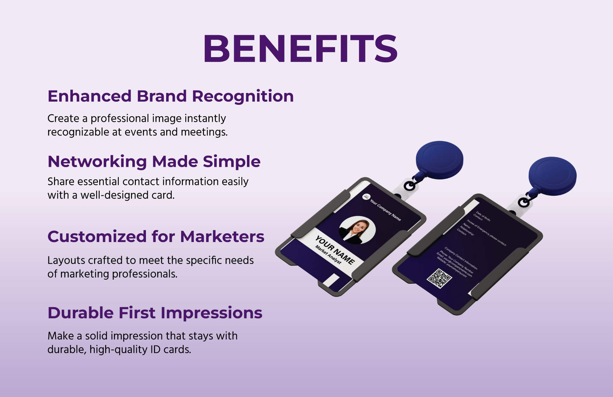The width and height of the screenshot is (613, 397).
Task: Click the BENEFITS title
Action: [300, 48]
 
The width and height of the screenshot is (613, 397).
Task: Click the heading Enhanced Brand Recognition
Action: [171, 96]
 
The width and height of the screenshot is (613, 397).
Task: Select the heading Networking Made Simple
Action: [154, 162]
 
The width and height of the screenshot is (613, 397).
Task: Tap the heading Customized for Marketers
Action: [156, 236]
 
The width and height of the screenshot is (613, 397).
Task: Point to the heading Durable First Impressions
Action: [155, 313]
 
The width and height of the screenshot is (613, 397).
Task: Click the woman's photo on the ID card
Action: [357, 230]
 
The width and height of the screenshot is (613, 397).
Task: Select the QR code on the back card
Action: [439, 278]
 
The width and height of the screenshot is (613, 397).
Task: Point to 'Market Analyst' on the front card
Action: [328, 255]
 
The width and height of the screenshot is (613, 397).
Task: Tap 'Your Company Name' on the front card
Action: [385, 210]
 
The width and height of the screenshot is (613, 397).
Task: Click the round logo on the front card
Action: [366, 197]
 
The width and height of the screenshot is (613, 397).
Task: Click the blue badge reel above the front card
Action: [440, 160]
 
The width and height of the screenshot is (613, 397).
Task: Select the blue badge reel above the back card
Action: [552, 176]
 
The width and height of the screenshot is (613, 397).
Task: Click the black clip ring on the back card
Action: [523, 202]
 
